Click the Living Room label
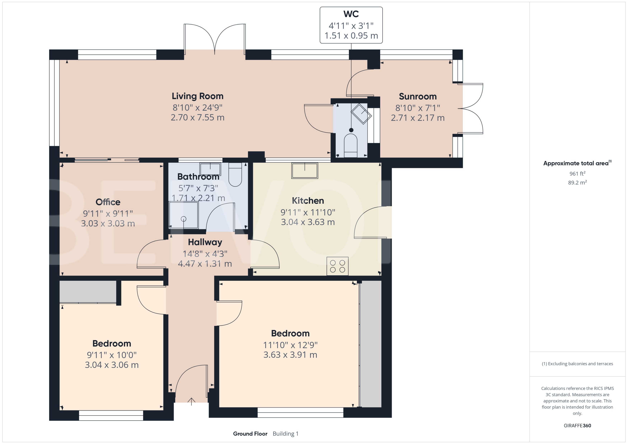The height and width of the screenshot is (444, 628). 197,96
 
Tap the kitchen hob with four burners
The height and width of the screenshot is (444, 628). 337,266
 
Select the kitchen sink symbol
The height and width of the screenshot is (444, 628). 304,171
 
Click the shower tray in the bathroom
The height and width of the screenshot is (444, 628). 183,215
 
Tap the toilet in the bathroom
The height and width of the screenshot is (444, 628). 235,174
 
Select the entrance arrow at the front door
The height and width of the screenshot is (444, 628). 191,401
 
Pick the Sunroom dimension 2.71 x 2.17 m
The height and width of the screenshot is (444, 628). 417,118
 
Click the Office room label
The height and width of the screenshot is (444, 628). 108,202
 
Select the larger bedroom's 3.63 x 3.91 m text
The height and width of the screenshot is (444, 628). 290,355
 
